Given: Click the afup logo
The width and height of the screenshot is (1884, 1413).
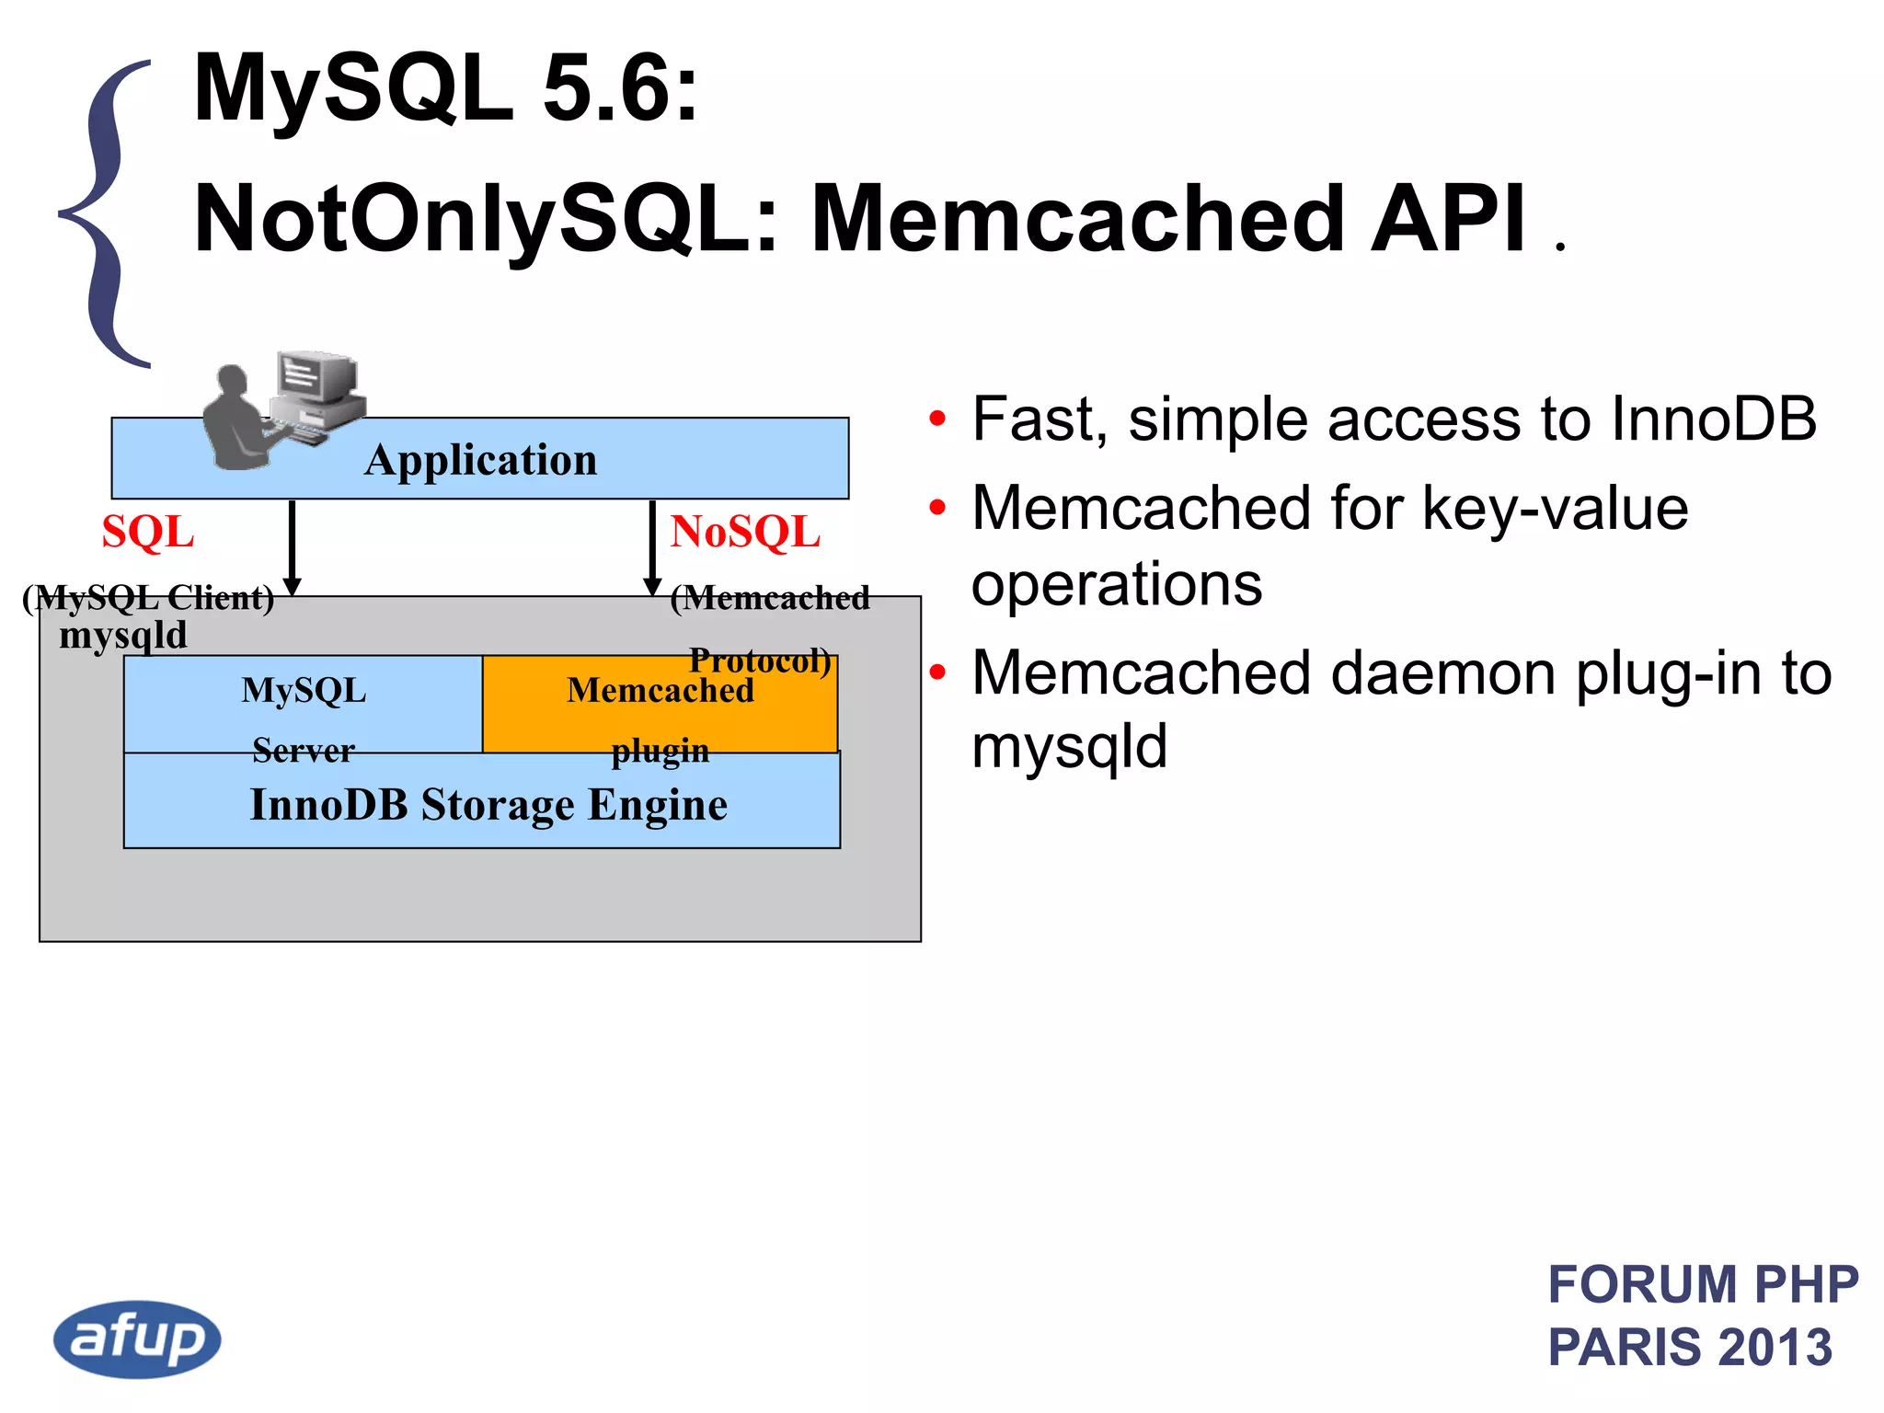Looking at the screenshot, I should coord(137,1338).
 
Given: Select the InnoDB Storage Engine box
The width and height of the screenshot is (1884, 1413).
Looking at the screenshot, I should coord(488,804).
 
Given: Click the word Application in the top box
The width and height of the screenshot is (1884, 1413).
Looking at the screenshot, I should coord(480,460).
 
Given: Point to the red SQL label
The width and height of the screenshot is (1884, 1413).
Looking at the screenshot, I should coord(147,532).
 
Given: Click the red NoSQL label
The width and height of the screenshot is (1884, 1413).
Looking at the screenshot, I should coord(744,532).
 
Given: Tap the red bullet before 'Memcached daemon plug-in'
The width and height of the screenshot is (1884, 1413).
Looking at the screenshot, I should coord(936,672).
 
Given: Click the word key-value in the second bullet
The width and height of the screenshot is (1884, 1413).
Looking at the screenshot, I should coord(1555,508).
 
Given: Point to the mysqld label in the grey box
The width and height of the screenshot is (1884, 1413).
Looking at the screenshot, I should coord(122,636).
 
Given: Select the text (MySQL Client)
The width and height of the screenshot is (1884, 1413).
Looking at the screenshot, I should coord(148,598).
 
